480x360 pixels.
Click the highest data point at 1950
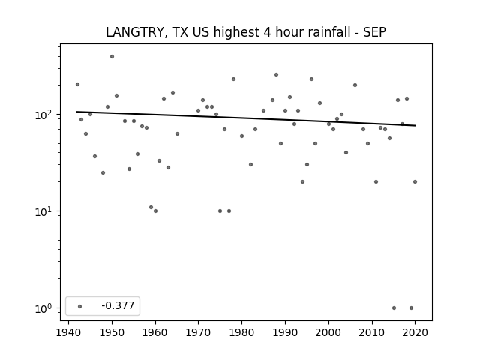point(112,57)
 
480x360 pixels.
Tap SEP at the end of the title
point(374,32)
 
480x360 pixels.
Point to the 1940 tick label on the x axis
point(68,332)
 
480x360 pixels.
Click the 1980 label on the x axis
point(241,332)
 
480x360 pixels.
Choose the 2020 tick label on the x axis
point(415,332)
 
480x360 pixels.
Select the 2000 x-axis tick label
point(328,332)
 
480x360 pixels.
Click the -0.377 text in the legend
point(118,305)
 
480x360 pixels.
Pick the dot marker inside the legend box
point(80,306)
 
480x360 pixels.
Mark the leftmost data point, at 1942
point(77,85)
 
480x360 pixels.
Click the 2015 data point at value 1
point(394,308)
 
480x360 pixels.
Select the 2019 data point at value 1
point(411,308)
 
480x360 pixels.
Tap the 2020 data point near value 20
point(415,181)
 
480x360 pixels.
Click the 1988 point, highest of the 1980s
point(276,75)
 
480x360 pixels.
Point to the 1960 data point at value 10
point(155,211)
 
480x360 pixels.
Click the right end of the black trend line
point(415,125)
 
